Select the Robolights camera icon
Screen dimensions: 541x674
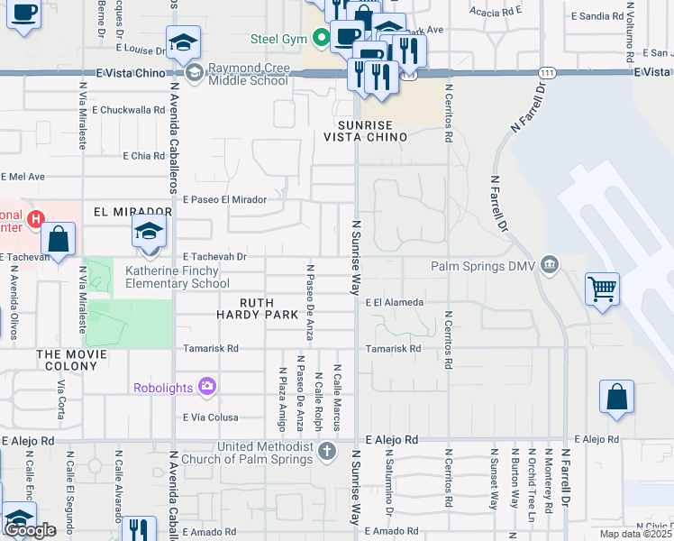208,388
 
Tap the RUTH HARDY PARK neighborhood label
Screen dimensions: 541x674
257,308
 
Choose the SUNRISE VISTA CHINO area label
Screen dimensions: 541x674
366,131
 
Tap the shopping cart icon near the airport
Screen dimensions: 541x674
602,289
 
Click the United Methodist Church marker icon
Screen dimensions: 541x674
326,449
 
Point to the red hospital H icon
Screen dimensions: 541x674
35,218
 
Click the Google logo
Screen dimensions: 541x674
30,530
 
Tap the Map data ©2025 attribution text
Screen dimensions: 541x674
635,534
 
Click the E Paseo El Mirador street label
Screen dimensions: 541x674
223,199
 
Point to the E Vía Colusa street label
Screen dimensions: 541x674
210,417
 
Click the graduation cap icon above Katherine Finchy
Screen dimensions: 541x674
149,232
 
